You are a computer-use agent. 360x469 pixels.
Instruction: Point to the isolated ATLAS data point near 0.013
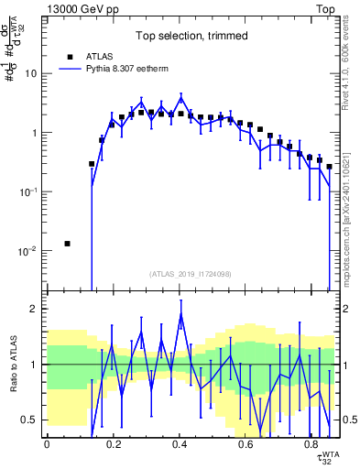67,244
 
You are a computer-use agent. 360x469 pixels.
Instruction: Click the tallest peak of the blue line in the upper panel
181,95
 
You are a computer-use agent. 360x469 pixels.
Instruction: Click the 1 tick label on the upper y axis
33,133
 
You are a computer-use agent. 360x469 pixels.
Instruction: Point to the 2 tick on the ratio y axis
35,309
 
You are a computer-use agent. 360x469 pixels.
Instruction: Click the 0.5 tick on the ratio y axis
30,420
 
